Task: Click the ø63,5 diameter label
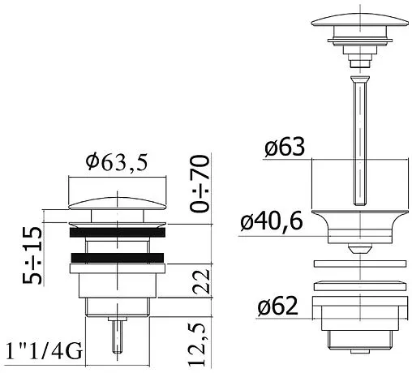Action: click(x=117, y=163)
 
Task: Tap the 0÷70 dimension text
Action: click(x=200, y=184)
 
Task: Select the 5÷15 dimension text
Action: click(x=32, y=255)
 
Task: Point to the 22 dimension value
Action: click(x=201, y=281)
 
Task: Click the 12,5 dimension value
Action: click(x=197, y=345)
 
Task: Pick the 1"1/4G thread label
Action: click(x=44, y=351)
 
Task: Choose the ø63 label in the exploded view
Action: click(x=285, y=147)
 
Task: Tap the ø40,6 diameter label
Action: click(x=272, y=221)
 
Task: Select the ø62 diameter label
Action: click(x=277, y=306)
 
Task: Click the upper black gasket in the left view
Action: click(x=118, y=233)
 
